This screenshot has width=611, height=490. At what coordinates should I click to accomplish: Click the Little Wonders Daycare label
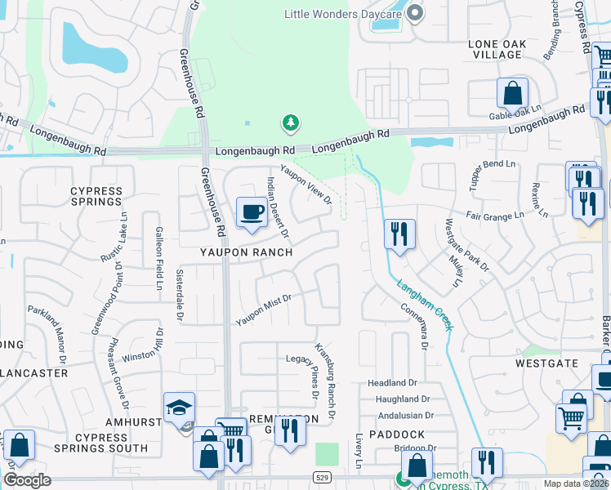pyautogui.click(x=344, y=13)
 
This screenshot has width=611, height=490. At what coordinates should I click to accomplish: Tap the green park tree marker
pyautogui.click(x=290, y=123)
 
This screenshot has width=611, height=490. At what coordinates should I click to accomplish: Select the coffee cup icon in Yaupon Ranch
pyautogui.click(x=251, y=214)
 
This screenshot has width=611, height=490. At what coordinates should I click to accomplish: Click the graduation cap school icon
pyautogui.click(x=179, y=408)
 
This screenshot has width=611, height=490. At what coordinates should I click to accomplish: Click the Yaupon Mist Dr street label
pyautogui.click(x=264, y=310)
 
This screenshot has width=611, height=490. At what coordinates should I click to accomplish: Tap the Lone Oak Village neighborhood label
pyautogui.click(x=495, y=48)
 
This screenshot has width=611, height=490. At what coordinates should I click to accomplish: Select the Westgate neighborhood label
pyautogui.click(x=546, y=363)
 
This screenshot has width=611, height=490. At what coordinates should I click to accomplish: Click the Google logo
pyautogui.click(x=27, y=480)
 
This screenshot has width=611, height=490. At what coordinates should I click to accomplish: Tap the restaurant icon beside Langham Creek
pyautogui.click(x=399, y=234)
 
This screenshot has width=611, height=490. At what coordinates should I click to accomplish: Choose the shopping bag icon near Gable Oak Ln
pyautogui.click(x=514, y=95)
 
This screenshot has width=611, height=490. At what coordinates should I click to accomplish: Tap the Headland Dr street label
pyautogui.click(x=392, y=382)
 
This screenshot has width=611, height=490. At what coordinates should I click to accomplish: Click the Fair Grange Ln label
pyautogui.click(x=495, y=216)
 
